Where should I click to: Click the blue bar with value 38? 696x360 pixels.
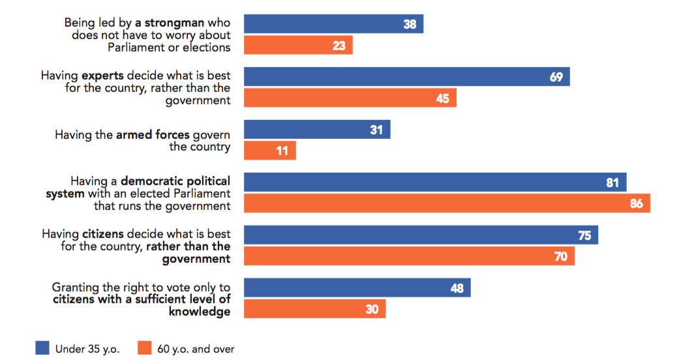pyautogui.click(x=333, y=24)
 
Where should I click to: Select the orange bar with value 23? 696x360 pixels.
pyautogui.click(x=298, y=46)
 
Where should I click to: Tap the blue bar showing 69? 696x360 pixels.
pyautogui.click(x=406, y=77)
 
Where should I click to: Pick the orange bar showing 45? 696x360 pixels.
pyautogui.click(x=350, y=98)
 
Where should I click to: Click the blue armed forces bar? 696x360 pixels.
pyautogui.click(x=317, y=130)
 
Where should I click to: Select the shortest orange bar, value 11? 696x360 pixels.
pyautogui.click(x=269, y=151)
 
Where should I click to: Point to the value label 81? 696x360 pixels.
pyautogui.click(x=612, y=183)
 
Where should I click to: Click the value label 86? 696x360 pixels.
pyautogui.click(x=636, y=204)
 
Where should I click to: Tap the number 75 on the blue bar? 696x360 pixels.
pyautogui.click(x=584, y=235)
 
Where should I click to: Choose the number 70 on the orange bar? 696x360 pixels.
pyautogui.click(x=560, y=257)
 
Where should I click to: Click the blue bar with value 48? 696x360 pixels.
pyautogui.click(x=357, y=288)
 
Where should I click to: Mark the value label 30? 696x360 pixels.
pyautogui.click(x=372, y=310)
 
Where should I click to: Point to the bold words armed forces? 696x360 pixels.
pyautogui.click(x=153, y=135)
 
